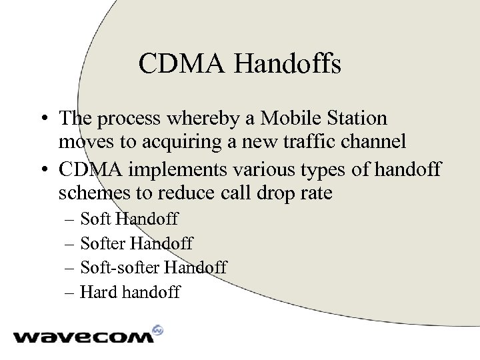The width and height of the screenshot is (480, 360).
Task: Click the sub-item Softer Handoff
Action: [137, 243]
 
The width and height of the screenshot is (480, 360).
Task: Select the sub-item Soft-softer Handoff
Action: [153, 267]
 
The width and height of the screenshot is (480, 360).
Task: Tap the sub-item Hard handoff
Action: [130, 292]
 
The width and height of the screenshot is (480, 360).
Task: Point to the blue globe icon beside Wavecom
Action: [157, 329]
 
